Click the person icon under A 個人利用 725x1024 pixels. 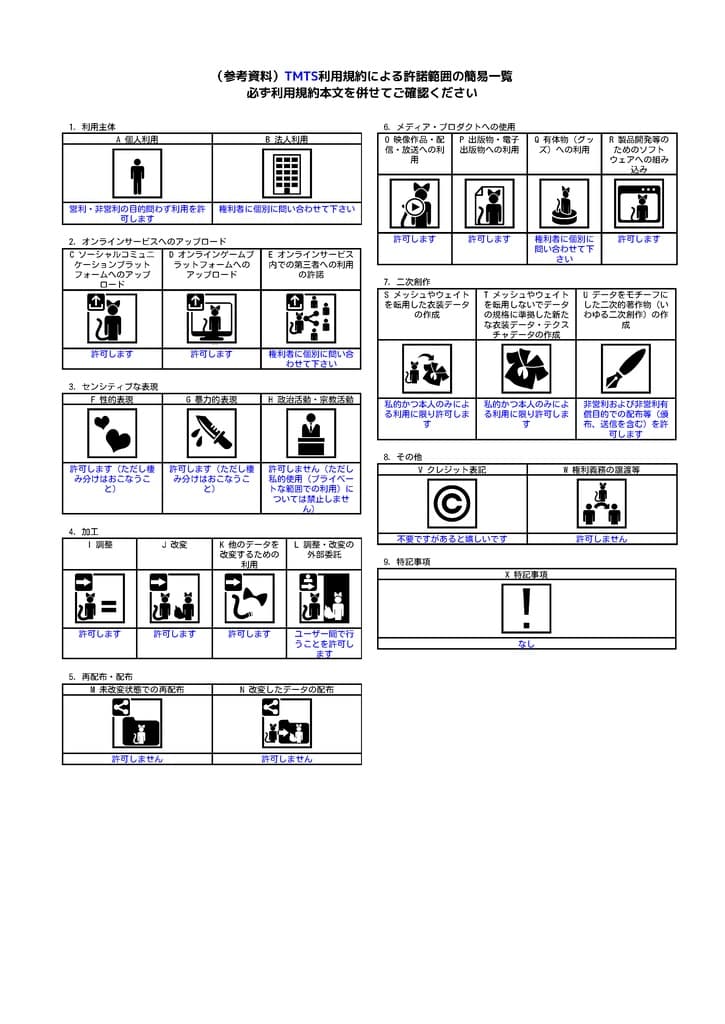coord(137,174)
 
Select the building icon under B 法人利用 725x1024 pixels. coord(287,174)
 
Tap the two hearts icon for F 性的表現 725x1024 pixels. coord(112,433)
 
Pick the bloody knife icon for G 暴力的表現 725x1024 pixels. coord(211,433)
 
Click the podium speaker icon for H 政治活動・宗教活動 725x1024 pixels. coord(311,433)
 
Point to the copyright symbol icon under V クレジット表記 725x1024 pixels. coord(452,503)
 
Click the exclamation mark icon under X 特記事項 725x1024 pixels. coord(526,608)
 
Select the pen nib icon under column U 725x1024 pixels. coord(625,369)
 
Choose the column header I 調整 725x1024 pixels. coord(99,545)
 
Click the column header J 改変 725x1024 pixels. coord(174,545)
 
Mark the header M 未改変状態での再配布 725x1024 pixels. coord(137,690)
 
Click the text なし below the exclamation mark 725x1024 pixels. coord(526,645)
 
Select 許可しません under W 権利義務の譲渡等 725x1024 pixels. coord(601,539)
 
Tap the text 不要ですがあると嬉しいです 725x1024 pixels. coord(451,539)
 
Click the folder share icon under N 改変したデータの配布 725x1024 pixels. coord(286,723)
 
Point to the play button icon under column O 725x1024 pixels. coord(414,204)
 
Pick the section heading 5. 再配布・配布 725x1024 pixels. coord(100,677)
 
